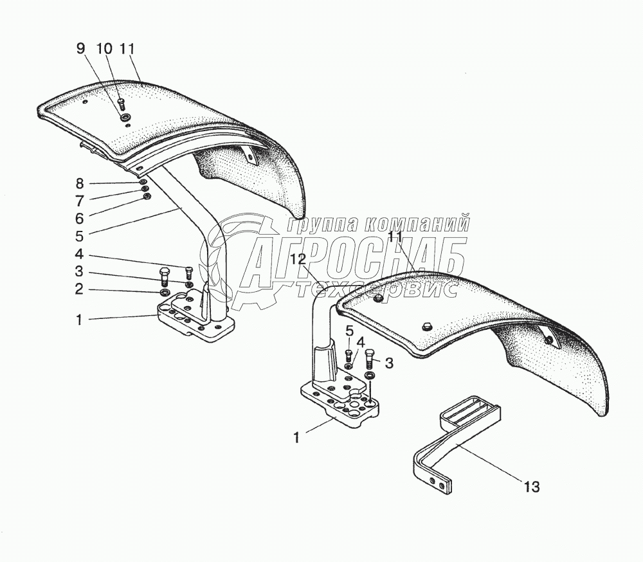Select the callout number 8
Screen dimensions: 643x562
(79, 183)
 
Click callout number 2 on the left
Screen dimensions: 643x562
(79, 289)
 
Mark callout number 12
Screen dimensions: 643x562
(298, 259)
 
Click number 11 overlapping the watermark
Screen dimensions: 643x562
(396, 237)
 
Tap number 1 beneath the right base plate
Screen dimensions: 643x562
(296, 437)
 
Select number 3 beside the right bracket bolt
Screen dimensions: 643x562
(389, 363)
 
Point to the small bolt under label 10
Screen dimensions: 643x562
(121, 104)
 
